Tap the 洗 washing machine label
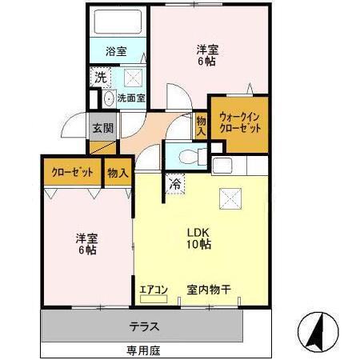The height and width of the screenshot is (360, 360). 100,78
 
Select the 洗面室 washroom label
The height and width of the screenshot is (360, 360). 130,98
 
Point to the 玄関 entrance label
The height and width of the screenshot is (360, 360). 102,128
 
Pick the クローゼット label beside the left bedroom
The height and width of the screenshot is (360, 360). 71,172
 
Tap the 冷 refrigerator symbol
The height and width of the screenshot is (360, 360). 175,183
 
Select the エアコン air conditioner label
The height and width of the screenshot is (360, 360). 152,290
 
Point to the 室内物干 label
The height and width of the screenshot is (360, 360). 210,290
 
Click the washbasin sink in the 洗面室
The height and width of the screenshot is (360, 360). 109,99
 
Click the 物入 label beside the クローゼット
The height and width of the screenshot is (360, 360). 118,172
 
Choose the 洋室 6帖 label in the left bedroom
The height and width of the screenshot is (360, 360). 86,243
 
